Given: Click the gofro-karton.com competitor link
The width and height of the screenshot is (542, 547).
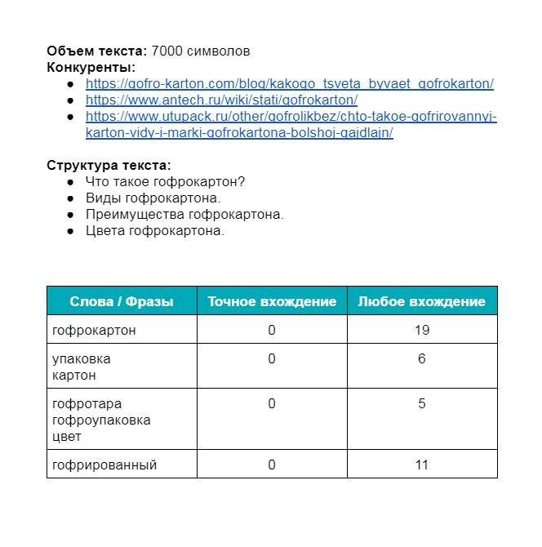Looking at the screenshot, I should coord(289,83).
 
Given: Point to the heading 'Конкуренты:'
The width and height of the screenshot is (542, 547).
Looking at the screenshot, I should coord(91,67).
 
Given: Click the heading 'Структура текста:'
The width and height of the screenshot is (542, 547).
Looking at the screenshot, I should coord(109,165).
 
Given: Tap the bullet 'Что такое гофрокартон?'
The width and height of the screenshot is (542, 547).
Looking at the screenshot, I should coord(166,181).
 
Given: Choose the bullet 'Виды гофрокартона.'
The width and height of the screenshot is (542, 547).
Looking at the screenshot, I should coord(153,198).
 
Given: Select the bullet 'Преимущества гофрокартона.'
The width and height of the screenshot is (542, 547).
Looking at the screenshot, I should coord(184,214).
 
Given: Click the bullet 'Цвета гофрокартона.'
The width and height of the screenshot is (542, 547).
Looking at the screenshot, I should coord(155,230).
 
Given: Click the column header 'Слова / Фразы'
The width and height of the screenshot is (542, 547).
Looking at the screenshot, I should coord(122,301).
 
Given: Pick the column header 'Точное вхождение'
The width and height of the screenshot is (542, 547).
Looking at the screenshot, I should coord(272,301).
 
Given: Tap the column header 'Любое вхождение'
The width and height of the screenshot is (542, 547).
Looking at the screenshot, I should coord(422,301).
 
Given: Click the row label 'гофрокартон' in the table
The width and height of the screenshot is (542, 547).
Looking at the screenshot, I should coord(94,330).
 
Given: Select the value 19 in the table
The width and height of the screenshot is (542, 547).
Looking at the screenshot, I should coord(422,330).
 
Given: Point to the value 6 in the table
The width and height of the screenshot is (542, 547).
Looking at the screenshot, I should coord(422,358).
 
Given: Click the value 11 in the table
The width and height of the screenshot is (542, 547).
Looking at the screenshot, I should coord(422,465).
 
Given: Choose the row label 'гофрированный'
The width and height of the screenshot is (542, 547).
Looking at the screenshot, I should coord(104,465).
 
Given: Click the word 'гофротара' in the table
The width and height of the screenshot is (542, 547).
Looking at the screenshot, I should coord(87,403).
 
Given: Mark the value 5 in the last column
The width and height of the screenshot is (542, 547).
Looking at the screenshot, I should coord(422,403).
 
